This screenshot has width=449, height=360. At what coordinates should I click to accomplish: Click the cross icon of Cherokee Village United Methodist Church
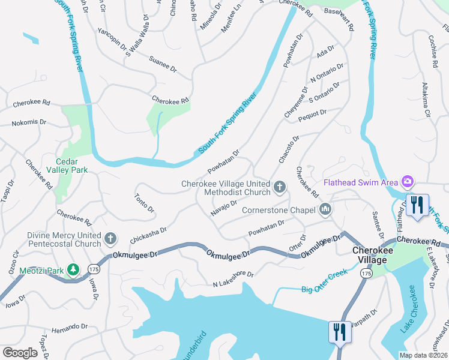coord(279,188)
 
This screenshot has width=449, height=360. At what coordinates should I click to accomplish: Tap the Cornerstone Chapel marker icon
coord(326,209)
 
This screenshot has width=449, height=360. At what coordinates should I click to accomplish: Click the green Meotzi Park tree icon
coord(73,271)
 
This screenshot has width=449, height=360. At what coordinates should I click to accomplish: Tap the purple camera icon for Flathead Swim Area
coord(408,181)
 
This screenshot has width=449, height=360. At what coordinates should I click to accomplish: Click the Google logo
coord(20,353)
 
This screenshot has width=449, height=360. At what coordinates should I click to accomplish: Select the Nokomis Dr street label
coord(29,122)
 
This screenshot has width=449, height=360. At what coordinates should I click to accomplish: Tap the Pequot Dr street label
coord(312,116)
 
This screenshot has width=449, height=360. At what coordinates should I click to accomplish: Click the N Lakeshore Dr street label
coord(234,278)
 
